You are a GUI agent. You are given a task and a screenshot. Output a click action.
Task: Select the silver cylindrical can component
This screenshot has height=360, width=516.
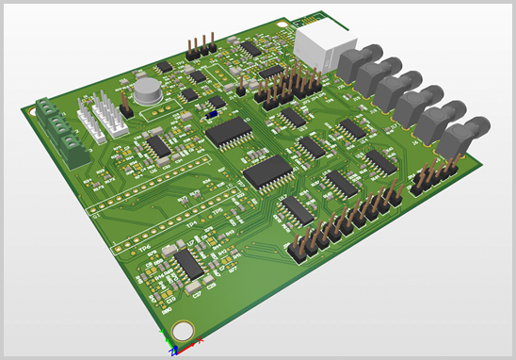(x=146, y=90)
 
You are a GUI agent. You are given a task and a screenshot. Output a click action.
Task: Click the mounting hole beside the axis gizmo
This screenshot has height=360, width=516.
(x=182, y=331)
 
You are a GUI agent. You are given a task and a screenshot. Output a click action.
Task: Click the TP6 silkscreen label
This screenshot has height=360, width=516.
(x=142, y=248)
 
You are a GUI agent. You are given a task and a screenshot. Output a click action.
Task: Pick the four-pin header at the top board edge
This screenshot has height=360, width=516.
(x=201, y=44)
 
